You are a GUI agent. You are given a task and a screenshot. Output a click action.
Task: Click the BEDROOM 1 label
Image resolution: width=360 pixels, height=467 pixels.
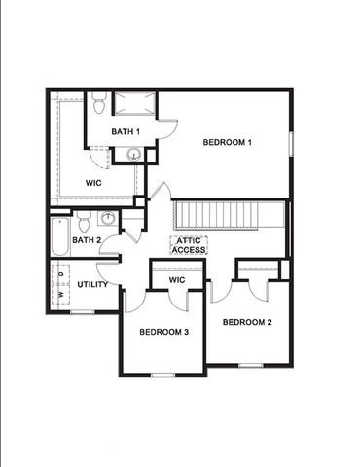[227, 144]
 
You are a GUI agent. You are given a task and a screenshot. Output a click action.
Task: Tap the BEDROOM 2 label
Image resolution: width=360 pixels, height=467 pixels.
[246, 322]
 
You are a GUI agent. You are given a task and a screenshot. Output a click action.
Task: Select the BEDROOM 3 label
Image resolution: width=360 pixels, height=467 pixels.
[162, 332]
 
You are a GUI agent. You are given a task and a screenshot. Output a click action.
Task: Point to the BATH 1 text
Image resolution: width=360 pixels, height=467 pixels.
[126, 131]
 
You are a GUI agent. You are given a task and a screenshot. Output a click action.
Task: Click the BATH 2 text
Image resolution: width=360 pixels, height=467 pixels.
[87, 240]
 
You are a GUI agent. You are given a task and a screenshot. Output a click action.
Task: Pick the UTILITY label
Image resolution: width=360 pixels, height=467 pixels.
[92, 284]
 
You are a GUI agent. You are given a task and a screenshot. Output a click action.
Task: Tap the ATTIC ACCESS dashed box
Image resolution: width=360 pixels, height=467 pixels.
[188, 245]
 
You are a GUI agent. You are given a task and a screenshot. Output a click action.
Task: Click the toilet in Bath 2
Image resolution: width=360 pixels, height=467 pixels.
[84, 220]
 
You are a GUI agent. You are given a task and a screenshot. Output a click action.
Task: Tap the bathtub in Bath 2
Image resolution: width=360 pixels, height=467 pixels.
[59, 236]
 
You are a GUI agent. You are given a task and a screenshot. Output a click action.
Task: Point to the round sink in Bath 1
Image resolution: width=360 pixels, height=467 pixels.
[134, 154]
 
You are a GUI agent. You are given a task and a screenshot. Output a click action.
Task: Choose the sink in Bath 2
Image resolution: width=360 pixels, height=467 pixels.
[107, 218]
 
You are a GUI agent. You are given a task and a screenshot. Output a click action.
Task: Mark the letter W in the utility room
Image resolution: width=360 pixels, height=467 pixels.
[59, 292]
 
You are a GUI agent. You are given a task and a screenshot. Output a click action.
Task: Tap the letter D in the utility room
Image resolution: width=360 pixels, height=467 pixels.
[59, 276]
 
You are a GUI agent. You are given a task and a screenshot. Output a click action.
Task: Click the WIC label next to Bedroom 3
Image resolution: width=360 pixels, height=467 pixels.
[177, 280]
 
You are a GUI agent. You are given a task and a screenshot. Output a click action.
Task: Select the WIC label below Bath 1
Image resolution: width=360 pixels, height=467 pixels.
[93, 182]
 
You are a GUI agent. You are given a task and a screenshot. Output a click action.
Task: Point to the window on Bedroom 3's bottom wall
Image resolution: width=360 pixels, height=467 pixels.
[162, 375]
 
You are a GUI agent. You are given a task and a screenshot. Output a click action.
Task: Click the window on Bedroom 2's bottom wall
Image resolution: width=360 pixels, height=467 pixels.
[250, 365]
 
